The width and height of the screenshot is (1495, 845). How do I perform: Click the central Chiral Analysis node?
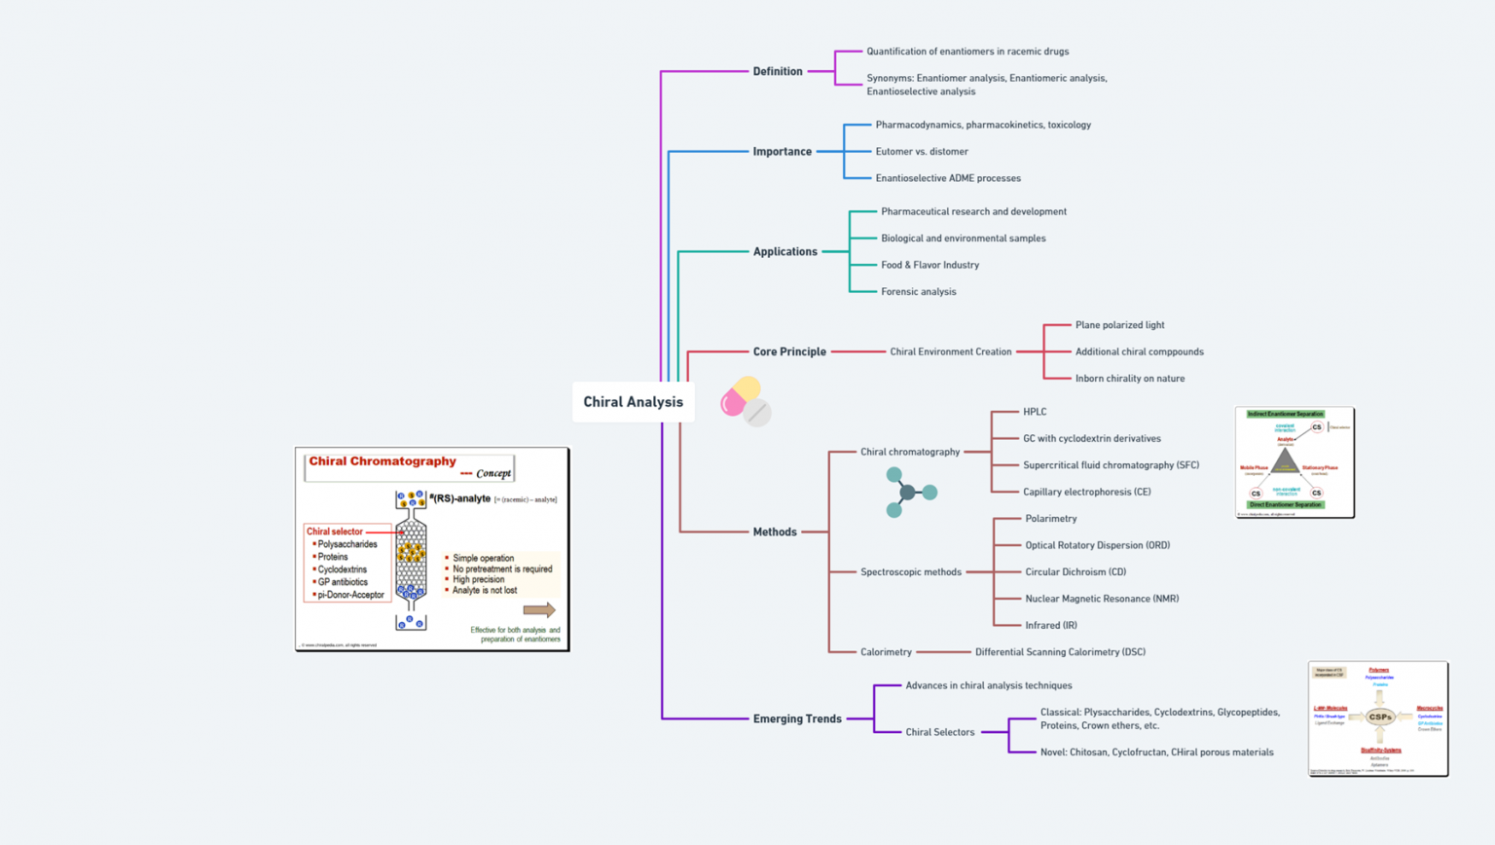(633, 402)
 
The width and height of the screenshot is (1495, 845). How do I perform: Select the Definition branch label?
(777, 71)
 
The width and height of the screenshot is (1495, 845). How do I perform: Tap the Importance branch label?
(782, 152)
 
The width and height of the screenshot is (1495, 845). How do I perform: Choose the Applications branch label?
(784, 252)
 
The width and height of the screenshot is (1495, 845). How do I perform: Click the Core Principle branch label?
(788, 351)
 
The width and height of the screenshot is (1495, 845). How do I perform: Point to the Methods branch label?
(774, 533)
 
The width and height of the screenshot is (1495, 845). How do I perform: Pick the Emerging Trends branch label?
(796, 719)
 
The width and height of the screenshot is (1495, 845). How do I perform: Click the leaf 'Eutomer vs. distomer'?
(921, 152)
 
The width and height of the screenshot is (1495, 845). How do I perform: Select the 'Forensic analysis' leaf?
(918, 292)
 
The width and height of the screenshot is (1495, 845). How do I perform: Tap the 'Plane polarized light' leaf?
(1119, 325)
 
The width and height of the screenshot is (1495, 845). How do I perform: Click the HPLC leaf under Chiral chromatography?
(1035, 412)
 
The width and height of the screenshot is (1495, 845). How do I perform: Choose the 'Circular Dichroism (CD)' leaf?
(1075, 572)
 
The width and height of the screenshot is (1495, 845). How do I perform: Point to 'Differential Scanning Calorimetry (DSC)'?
(1060, 652)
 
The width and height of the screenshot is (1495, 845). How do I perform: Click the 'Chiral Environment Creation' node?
(950, 352)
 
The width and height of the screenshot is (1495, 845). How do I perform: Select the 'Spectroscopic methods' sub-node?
(910, 572)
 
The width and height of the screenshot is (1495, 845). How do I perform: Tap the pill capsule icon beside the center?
(746, 400)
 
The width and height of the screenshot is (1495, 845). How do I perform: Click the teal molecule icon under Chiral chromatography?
(909, 493)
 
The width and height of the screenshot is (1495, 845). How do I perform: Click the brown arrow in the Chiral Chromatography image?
(538, 610)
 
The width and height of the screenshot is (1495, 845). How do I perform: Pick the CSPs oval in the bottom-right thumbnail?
(1379, 717)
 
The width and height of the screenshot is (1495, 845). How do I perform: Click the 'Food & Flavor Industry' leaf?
(930, 265)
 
